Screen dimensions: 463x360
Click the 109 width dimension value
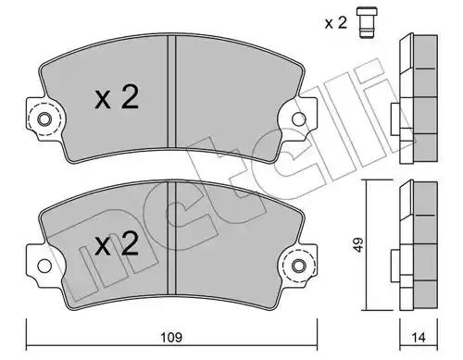[171, 337]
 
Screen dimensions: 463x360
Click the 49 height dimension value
[358, 244]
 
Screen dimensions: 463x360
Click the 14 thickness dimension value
[419, 337]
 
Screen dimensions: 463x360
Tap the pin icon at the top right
[367, 22]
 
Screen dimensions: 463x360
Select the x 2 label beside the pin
[336, 23]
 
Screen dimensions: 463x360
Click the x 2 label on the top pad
[117, 97]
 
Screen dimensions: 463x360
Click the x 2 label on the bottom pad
[117, 244]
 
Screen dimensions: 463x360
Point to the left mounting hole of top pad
[44, 119]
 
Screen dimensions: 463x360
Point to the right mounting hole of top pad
[299, 119]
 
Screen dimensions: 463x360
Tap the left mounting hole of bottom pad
[44, 266]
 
